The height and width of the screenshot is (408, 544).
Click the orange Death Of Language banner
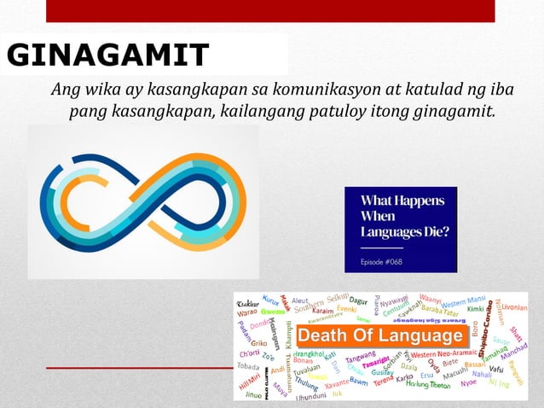tap(380, 336)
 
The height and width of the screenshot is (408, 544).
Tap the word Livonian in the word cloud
tap(514, 306)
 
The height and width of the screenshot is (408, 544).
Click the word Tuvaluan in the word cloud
tap(307, 368)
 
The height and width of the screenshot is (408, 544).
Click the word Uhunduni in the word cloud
tap(311, 396)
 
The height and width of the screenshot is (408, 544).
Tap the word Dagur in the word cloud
tap(359, 300)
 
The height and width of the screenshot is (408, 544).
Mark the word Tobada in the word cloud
tap(248, 367)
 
